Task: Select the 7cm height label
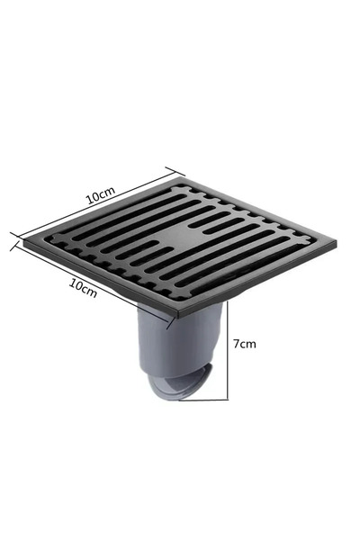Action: pyautogui.click(x=244, y=344)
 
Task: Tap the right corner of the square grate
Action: pyautogui.click(x=336, y=243)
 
